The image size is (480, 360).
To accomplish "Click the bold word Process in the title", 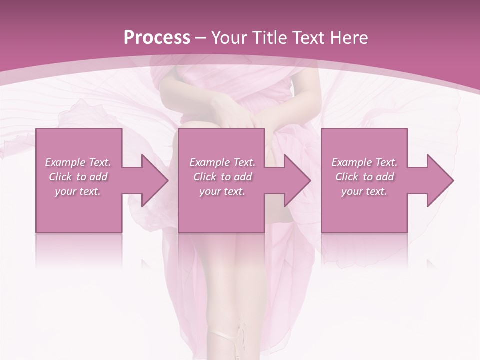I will coord(157,38).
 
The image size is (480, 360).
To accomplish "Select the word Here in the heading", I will coord(349,38).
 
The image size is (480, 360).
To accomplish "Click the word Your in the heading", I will coord(228,38).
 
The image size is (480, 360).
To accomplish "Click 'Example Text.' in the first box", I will coord(78,162).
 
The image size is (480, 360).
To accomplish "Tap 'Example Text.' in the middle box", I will coord(222,162).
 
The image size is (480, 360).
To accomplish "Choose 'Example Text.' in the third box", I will coord(364,162).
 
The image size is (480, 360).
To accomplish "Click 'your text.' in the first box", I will coord(78,191).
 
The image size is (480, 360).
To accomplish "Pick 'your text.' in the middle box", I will coord(222,191).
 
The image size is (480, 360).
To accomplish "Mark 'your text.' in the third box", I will coord(364,191).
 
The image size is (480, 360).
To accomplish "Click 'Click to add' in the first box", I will coord(78,177).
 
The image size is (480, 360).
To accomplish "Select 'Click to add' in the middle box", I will coord(222,177).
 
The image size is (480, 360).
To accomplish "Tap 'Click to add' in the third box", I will coord(364,177).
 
